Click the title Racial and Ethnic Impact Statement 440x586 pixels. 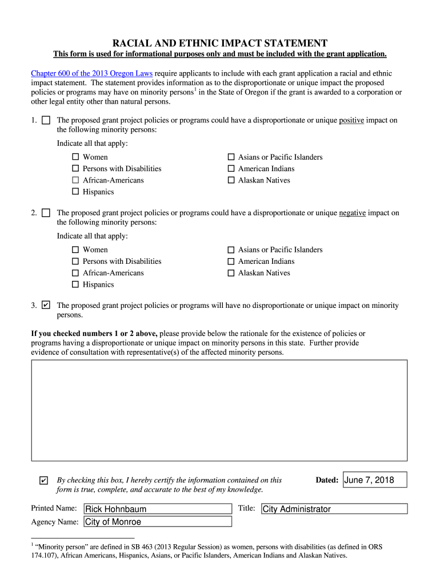point(219,43)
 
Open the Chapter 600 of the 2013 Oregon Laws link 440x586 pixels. point(91,74)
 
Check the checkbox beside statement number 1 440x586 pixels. point(46,120)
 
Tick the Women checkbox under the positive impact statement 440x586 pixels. point(75,157)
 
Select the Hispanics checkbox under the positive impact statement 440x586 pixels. point(75,192)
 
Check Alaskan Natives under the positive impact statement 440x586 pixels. point(231,180)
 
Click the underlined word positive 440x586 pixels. point(351,120)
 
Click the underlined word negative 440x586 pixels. point(352,213)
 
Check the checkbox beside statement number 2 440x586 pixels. point(46,213)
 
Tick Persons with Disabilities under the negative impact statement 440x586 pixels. point(75,262)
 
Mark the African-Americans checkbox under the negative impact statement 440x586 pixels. point(75,273)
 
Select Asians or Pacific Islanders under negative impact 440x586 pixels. point(231,250)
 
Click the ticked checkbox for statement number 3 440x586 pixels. point(46,306)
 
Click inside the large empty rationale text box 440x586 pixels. point(219,410)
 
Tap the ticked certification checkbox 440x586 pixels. point(44,480)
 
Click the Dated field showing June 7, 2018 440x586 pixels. point(375,480)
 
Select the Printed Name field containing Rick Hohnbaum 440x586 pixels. point(158,509)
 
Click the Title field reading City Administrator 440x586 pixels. point(334,509)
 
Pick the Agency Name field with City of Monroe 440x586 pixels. point(158,521)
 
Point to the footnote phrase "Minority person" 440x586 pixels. point(60,547)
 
